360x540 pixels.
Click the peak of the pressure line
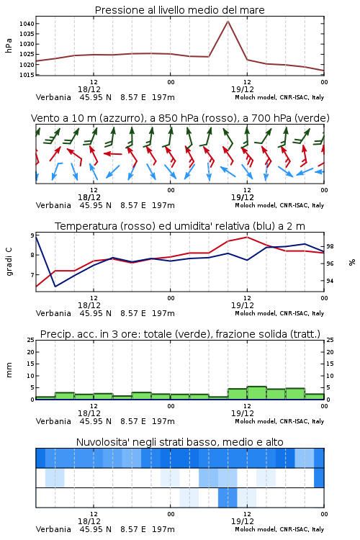pyautogui.click(x=228, y=21)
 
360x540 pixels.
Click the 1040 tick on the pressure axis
pyautogui.click(x=27, y=24)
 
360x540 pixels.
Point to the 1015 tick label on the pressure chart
pyautogui.click(x=27, y=75)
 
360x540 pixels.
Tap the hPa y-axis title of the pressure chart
pyautogui.click(x=9, y=45)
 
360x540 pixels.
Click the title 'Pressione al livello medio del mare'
pyautogui.click(x=179, y=10)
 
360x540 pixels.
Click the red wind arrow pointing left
pyautogui.click(x=112, y=153)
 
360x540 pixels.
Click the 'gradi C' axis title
pyautogui.click(x=9, y=261)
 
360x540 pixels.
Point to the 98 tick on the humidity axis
pyautogui.click(x=330, y=246)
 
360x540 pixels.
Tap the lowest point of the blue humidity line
pyautogui.click(x=55, y=286)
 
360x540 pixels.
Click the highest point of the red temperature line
pyautogui.click(x=247, y=237)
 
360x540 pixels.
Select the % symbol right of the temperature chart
pyautogui.click(x=352, y=262)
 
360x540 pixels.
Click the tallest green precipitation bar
pyautogui.click(x=256, y=393)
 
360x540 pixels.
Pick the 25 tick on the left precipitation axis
pyautogui.click(x=31, y=340)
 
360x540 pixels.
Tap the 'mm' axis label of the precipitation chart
pyautogui.click(x=9, y=370)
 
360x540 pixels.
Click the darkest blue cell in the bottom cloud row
pyautogui.click(x=228, y=498)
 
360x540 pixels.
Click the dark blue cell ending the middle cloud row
pyautogui.click(x=319, y=477)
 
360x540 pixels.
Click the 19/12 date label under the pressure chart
pyautogui.click(x=243, y=89)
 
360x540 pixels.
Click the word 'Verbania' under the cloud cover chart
pyautogui.click(x=53, y=529)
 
